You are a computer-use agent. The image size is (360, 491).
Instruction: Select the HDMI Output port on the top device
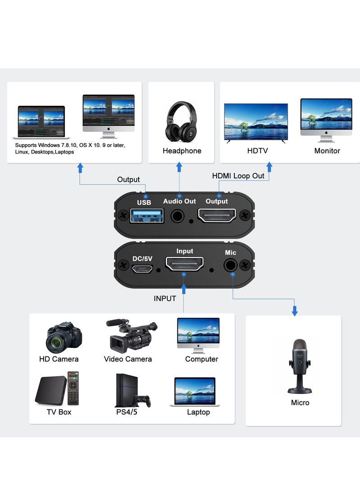pyautogui.click(x=217, y=216)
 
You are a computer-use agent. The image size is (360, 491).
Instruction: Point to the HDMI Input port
pyautogui.click(x=184, y=264)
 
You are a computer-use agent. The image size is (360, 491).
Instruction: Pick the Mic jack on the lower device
pyautogui.click(x=231, y=266)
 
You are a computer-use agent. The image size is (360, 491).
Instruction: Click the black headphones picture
pyautogui.click(x=181, y=122)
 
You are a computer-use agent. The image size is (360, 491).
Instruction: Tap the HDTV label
pyautogui.click(x=257, y=151)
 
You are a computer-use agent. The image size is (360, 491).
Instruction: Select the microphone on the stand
pyautogui.click(x=299, y=365)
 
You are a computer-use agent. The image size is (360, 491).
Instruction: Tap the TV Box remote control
pyautogui.click(x=72, y=387)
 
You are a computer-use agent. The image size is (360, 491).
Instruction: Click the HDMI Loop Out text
pyautogui.click(x=238, y=176)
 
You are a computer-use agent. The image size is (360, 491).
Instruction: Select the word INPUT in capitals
pyautogui.click(x=165, y=298)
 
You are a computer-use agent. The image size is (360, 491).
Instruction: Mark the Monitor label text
pyautogui.click(x=327, y=151)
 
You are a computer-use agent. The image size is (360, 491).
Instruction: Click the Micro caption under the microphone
pyautogui.click(x=300, y=402)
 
